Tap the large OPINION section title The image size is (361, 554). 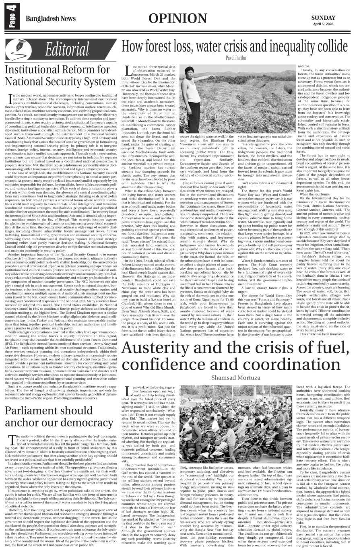[177, 19]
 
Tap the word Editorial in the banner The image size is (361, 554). [67, 49]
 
